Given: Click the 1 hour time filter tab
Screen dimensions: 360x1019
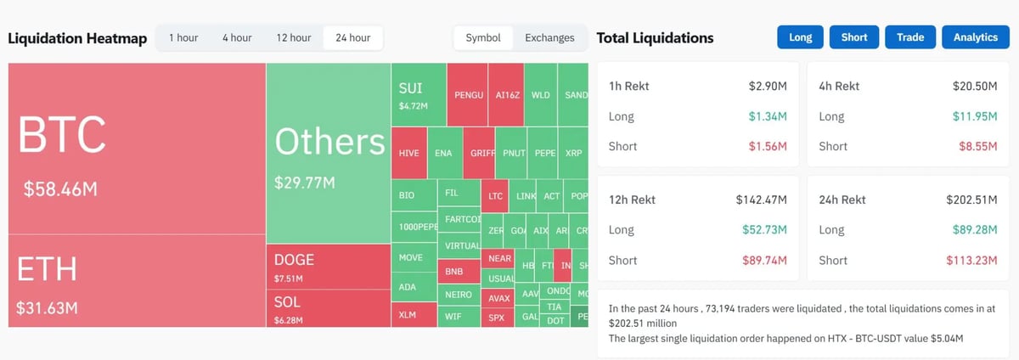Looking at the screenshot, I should coord(183,37).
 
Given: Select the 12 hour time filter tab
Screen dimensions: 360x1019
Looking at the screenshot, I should coord(294,37).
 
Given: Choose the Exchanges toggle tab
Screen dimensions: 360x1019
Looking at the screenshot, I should coord(549,37).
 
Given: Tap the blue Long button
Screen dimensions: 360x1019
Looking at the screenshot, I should coord(800,37).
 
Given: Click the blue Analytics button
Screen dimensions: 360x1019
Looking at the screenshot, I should coord(975,37).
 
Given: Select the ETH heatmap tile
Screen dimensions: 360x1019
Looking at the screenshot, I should coord(136,280).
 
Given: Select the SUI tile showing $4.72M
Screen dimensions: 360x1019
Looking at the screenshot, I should coord(418,95).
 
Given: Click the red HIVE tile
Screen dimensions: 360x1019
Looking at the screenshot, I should coord(408,154).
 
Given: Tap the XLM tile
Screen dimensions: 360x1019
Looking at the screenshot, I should coord(408,315).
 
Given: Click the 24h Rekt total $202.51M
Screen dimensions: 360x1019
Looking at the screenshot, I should coord(971,200).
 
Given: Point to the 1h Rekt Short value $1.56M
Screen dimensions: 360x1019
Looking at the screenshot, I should coord(768,146).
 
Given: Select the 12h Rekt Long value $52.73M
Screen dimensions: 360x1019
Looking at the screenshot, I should coord(764,230).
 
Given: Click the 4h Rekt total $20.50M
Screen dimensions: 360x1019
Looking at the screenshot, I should coord(975,86).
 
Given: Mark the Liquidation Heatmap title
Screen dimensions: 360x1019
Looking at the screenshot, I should coord(77,38).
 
